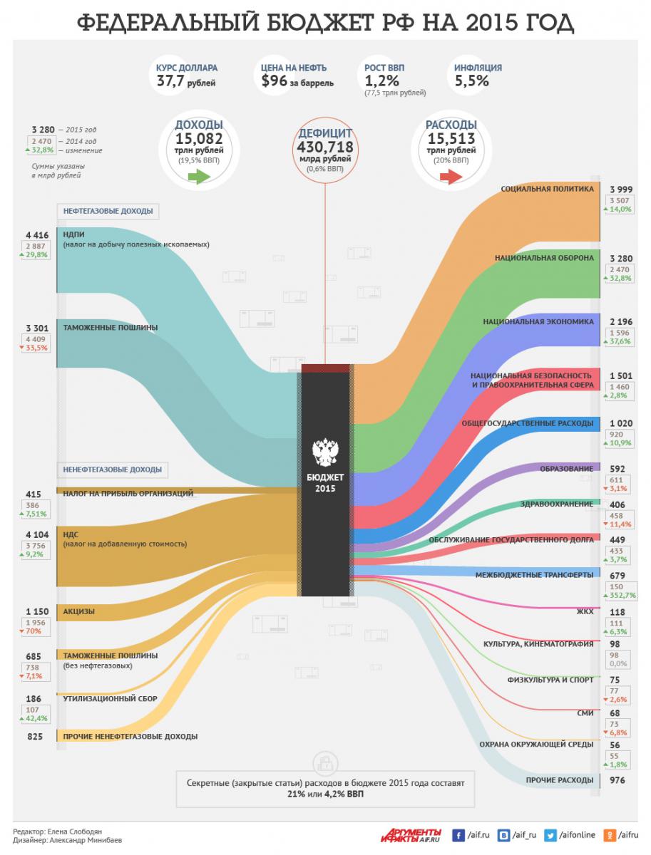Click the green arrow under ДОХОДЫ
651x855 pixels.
[x=198, y=177]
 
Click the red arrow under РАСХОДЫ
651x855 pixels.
[x=451, y=177]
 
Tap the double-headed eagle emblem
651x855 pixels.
[x=326, y=452]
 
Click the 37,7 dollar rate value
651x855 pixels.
[x=172, y=81]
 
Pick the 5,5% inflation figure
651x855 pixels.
[x=472, y=81]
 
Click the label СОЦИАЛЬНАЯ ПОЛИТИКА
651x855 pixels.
[x=547, y=190]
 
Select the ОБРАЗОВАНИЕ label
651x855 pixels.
[x=567, y=468]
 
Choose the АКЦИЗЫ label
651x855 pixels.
[x=79, y=611]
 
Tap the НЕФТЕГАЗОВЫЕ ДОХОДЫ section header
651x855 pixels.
[x=107, y=212]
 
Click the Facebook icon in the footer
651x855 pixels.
[x=457, y=834]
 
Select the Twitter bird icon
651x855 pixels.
[x=551, y=834]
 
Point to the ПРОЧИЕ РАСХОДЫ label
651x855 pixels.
[x=559, y=780]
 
